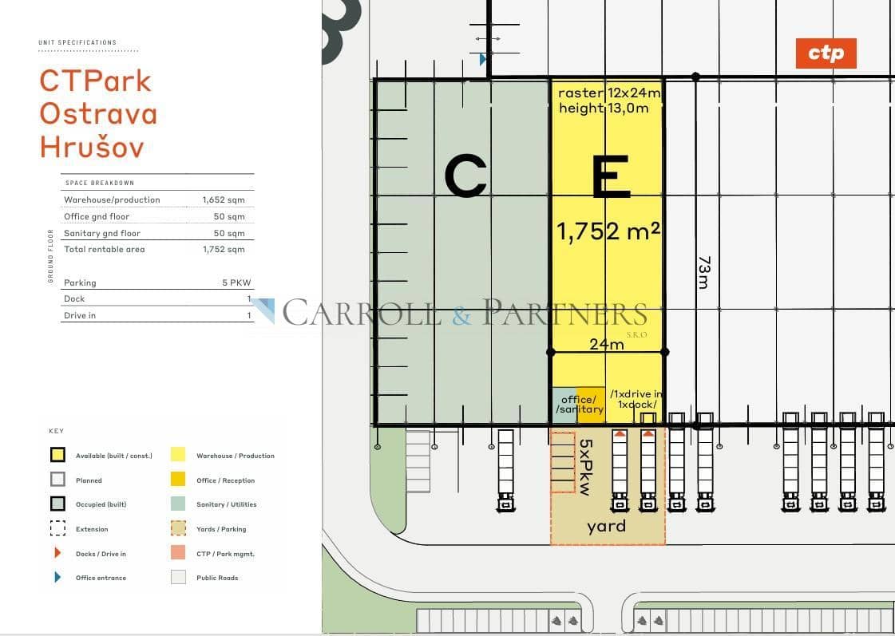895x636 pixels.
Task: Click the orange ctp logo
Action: click(x=826, y=53)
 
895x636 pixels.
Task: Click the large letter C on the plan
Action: click(x=465, y=177)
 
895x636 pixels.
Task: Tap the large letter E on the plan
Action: click(x=612, y=177)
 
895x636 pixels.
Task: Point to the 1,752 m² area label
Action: click(x=608, y=231)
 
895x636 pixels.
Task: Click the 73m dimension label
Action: click(x=704, y=272)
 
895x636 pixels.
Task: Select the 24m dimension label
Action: click(x=607, y=344)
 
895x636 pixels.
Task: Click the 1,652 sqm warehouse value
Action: click(x=224, y=199)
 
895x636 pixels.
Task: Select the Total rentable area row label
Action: click(x=105, y=249)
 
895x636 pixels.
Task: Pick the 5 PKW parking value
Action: click(x=236, y=283)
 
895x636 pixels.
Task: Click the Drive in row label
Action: click(x=80, y=315)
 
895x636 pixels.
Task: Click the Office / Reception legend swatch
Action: click(x=178, y=480)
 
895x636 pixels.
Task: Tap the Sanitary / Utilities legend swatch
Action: click(x=178, y=504)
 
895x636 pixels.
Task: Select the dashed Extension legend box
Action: click(x=57, y=528)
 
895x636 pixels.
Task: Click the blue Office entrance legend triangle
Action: click(x=57, y=577)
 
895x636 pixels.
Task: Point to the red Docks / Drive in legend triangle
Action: click(x=57, y=553)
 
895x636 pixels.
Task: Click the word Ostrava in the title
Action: click(x=98, y=114)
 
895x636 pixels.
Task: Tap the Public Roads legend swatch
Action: click(x=178, y=577)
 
